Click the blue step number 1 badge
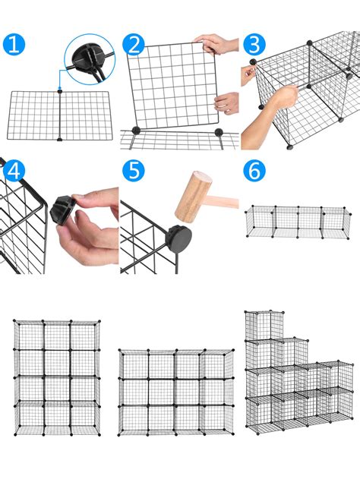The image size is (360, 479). [x=14, y=45]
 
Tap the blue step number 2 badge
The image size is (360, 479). [x=134, y=45]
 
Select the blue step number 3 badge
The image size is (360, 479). [x=254, y=45]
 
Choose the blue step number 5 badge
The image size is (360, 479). [x=134, y=170]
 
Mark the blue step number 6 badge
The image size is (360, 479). [x=254, y=170]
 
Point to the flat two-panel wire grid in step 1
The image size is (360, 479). [x=59, y=115]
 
